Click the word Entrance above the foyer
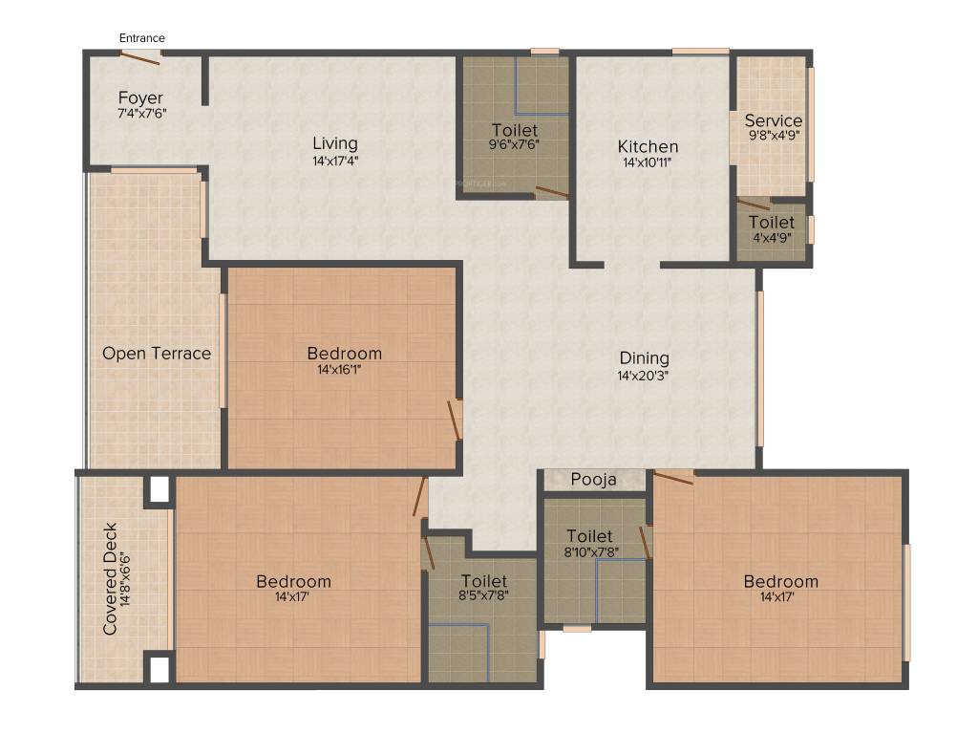point(141,38)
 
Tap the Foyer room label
point(140,97)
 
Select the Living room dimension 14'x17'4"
point(335,161)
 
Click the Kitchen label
point(648,146)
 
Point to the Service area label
point(774,120)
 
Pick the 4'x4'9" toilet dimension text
point(771,239)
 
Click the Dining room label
point(643,358)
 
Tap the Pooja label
point(593,480)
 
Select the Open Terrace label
point(157,354)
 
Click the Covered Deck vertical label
point(111,578)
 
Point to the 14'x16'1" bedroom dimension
point(344,370)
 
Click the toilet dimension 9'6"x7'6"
point(515,145)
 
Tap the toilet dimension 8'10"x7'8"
point(588,552)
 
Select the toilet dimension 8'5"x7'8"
point(484,597)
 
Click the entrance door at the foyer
point(139,57)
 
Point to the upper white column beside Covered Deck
point(158,489)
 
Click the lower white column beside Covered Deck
point(159,668)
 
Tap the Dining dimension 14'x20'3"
point(643,376)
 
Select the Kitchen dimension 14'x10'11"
point(648,162)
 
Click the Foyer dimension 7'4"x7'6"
point(140,113)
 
